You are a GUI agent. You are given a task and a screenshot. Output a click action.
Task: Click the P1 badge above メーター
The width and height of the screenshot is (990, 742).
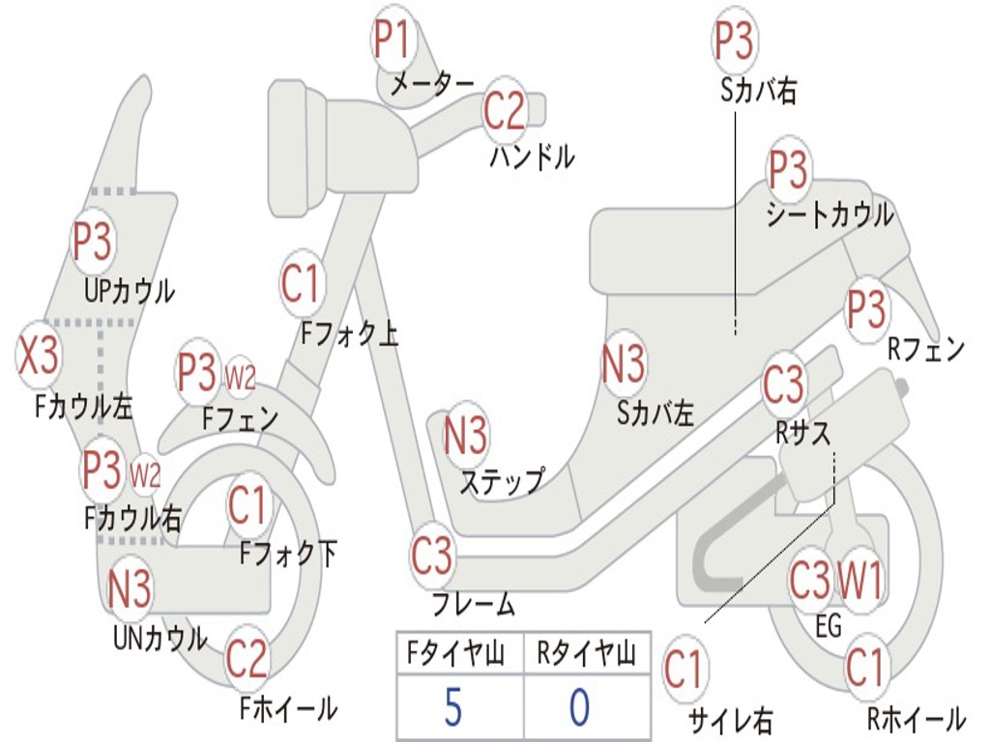pos(392,41)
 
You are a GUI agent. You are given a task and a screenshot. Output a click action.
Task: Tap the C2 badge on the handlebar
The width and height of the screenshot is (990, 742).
pos(504,111)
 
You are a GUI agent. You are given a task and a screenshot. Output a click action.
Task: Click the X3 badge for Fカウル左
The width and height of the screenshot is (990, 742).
pos(39,357)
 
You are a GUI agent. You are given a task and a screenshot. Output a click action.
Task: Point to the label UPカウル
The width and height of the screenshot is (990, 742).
pos(130,290)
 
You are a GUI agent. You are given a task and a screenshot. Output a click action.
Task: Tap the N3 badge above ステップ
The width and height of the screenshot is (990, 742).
pos(465,436)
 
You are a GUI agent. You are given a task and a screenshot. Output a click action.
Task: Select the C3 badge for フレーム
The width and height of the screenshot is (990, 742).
pos(431,556)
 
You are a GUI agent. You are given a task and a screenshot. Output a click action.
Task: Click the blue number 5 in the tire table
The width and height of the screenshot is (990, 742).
pos(452,708)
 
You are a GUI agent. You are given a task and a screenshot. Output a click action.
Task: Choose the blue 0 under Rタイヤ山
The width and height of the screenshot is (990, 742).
pos(578,708)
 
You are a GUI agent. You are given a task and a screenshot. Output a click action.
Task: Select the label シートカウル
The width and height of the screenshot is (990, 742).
pos(830,215)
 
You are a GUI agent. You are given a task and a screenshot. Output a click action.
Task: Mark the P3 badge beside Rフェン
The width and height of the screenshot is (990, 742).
pos(866,308)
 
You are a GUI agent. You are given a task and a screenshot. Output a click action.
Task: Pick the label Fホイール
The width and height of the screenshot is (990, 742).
pos(288,708)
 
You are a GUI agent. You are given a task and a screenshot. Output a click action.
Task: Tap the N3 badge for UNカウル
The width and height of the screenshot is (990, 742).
pos(130,588)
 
